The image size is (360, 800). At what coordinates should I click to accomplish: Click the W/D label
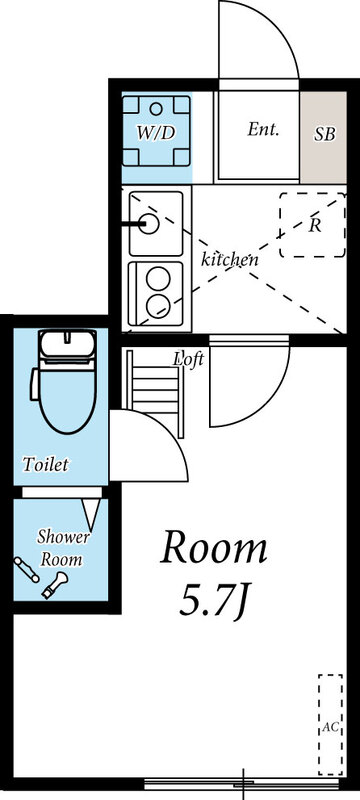coord(155,132)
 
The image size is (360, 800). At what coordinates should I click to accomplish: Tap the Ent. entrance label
coord(262,129)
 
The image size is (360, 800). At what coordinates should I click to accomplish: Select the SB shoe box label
coord(325,133)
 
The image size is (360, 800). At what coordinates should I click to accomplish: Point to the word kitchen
coord(230,259)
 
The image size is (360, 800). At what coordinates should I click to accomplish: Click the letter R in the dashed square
coord(314,224)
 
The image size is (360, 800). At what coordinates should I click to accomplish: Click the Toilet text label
coord(46,464)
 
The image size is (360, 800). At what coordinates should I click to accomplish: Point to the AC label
coord(328,728)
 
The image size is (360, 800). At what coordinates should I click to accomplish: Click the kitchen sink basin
coord(154,222)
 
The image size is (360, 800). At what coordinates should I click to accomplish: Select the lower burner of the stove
coord(156,304)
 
